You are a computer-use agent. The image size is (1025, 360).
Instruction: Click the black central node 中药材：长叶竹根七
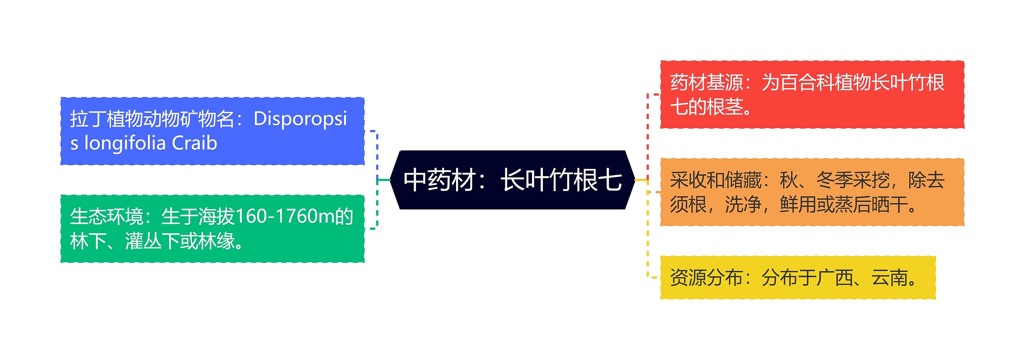coord(512,180)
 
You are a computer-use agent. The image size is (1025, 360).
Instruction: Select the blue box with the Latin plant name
coord(212,131)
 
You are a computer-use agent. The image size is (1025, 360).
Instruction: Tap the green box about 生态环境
coord(212,229)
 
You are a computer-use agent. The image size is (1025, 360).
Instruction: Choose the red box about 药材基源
coord(812,95)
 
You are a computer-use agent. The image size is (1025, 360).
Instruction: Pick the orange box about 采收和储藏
coord(812,192)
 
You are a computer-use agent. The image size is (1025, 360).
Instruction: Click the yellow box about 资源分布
coord(798,278)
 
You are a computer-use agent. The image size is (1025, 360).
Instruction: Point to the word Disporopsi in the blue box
coord(300,119)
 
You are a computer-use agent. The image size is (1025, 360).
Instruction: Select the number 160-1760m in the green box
coord(284,217)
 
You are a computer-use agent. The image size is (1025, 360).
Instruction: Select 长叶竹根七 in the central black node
coord(561,180)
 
